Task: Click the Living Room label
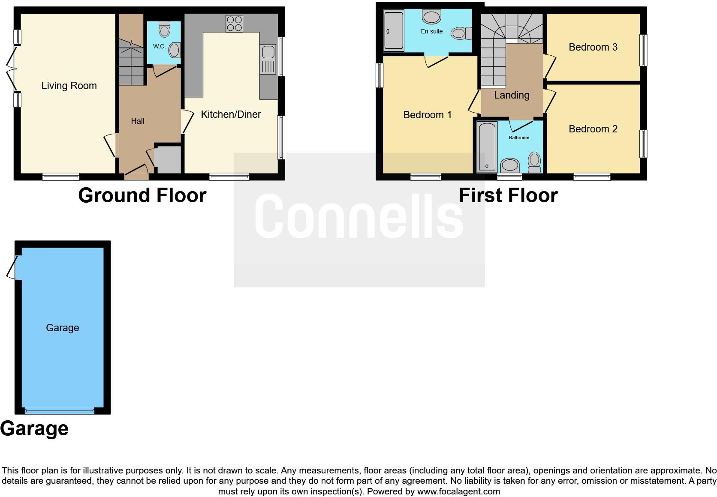tap(69, 86)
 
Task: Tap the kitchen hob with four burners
tap(234, 24)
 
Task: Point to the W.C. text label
tap(159, 46)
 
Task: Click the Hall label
tap(138, 121)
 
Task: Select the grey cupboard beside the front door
tap(168, 160)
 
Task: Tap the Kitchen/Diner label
tap(231, 114)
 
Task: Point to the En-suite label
tap(431, 31)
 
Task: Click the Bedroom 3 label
tap(593, 47)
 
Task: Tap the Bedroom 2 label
tap(593, 129)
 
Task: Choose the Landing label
tap(512, 95)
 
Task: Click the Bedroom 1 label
tap(427, 115)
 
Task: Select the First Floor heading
tap(508, 195)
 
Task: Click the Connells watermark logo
tap(359, 216)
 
